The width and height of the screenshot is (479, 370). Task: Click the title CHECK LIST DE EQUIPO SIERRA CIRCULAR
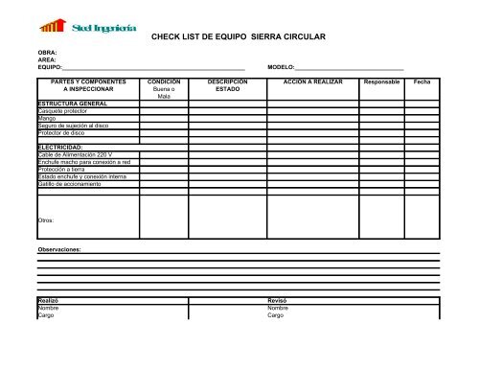pyautogui.click(x=239, y=36)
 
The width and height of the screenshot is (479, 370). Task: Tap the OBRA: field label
pyautogui.click(x=47, y=53)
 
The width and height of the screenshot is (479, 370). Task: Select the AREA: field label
pyautogui.click(x=47, y=60)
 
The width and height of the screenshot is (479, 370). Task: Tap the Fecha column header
pyautogui.click(x=422, y=82)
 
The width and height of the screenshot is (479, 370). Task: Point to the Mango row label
pyautogui.click(x=46, y=118)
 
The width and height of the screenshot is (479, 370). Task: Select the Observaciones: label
pyautogui.click(x=59, y=247)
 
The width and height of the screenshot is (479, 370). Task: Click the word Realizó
pyautogui.click(x=48, y=300)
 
